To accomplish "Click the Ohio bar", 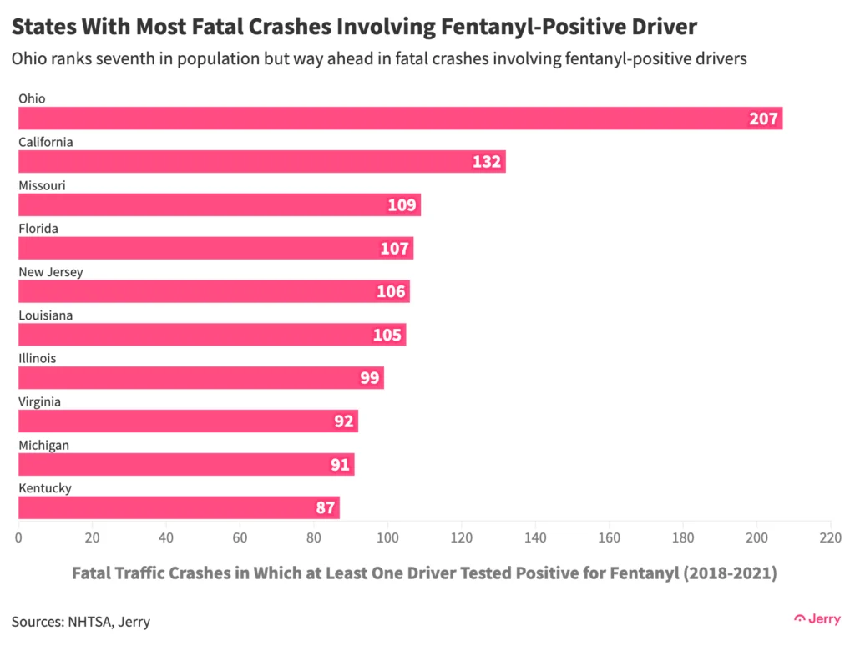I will tap(400, 119).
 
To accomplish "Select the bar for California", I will tap(261, 162).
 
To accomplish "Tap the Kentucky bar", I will tap(179, 507).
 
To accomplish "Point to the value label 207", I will tap(763, 119).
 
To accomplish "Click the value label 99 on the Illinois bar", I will tap(370, 378).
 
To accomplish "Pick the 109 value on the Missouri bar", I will tap(402, 205).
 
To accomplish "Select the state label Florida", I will tap(38, 228).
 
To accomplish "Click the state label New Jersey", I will tap(51, 271).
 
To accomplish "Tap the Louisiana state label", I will tap(46, 315).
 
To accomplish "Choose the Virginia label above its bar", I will tap(40, 401).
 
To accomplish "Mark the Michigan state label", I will tap(43, 445).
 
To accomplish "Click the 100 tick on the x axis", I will tap(387, 537).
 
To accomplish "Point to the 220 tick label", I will tap(830, 537).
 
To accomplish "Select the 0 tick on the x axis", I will tap(19, 537).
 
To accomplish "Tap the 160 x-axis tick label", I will tap(609, 537).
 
